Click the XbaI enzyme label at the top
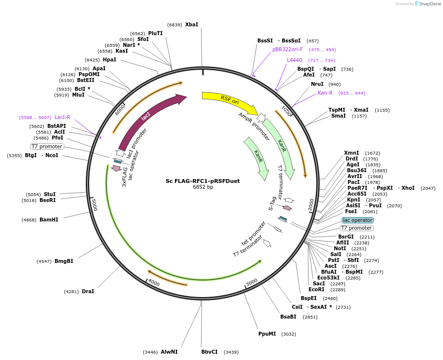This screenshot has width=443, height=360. click(x=192, y=24)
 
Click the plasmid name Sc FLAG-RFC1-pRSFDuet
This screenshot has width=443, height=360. click(x=203, y=181)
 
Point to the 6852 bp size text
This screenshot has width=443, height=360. click(x=203, y=187)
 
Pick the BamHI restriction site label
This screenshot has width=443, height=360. click(x=49, y=220)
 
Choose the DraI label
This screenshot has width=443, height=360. click(x=88, y=291)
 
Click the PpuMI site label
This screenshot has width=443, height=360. click(x=267, y=334)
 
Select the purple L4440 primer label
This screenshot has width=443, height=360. click(x=294, y=60)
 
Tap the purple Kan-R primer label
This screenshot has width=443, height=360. click(x=325, y=93)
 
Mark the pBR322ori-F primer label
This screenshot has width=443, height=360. click(x=288, y=49)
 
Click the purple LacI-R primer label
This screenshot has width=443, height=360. click(x=62, y=117)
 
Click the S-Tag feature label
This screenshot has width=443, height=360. click(x=273, y=203)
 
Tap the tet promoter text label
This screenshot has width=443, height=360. click(x=254, y=234)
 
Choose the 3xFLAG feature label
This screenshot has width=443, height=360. click(x=125, y=177)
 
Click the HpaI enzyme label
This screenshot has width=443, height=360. click(x=109, y=60)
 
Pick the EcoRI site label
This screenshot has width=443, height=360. click(x=316, y=289)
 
